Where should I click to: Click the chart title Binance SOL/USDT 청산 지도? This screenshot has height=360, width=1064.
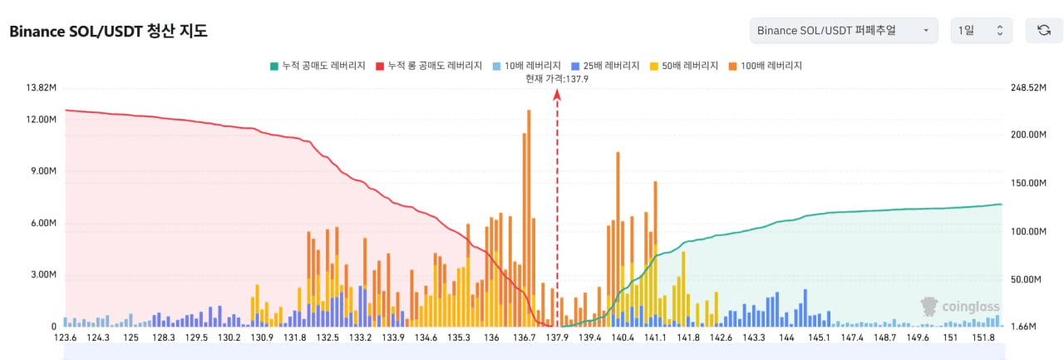[x=108, y=32]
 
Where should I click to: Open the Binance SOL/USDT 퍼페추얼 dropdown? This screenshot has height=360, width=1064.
[x=843, y=31]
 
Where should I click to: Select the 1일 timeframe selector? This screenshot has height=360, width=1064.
[x=981, y=31]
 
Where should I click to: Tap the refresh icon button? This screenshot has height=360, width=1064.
[x=1043, y=31]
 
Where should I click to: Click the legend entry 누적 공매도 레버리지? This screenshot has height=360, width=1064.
[x=318, y=65]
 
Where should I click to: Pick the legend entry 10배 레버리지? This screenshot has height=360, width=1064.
[x=525, y=65]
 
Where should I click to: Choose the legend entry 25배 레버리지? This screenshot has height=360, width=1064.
[x=606, y=65]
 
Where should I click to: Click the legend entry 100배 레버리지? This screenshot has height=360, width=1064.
[x=765, y=65]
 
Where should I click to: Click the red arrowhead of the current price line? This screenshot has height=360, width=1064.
[x=557, y=96]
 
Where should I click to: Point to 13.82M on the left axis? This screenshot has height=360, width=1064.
[x=42, y=88]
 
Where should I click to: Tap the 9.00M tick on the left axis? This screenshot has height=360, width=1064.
[x=42, y=171]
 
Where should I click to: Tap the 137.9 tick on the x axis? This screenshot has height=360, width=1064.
[x=557, y=338]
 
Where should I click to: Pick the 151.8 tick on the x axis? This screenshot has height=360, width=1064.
[x=983, y=338]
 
